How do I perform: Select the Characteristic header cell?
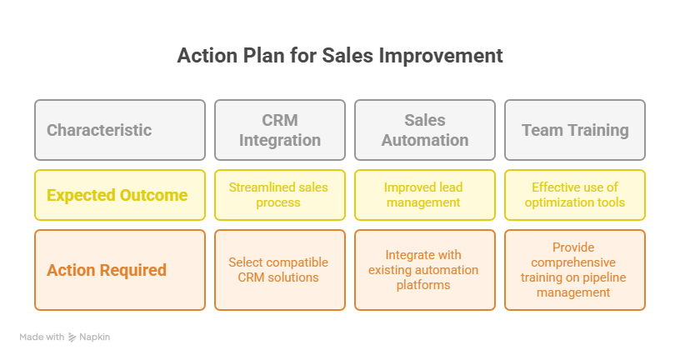(x=120, y=130)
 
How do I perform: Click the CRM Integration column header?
(x=280, y=130)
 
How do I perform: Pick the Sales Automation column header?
(x=425, y=130)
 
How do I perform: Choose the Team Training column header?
(x=575, y=130)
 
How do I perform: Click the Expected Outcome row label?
(x=120, y=195)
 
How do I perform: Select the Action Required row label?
(x=120, y=270)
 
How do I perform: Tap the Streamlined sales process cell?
(x=280, y=195)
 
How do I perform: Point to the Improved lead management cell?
(x=425, y=195)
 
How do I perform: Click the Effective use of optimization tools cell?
(x=575, y=195)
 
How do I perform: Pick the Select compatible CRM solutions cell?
(x=280, y=270)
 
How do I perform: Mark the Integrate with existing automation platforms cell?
(x=425, y=270)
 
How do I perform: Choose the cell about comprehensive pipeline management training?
(x=575, y=270)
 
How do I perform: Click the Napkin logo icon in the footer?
(x=72, y=337)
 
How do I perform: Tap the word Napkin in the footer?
(x=94, y=337)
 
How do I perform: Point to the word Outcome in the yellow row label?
(x=153, y=195)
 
